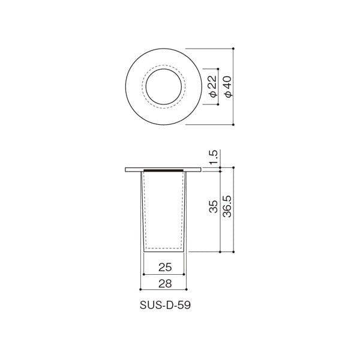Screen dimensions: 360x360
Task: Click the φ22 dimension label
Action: coord(214,86)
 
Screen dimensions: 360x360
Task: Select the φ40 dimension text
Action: coord(229,87)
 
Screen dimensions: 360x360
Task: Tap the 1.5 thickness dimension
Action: coord(213,157)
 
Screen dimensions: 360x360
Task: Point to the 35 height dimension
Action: coord(213,206)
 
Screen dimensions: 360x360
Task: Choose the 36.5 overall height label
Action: coord(227,206)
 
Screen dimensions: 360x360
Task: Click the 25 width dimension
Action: coord(165,267)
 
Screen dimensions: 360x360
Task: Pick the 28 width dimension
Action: coord(165,284)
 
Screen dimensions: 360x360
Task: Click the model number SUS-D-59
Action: coord(165,305)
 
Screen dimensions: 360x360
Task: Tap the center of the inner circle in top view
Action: coord(164,86)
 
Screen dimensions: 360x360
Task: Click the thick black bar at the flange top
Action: coord(163,170)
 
